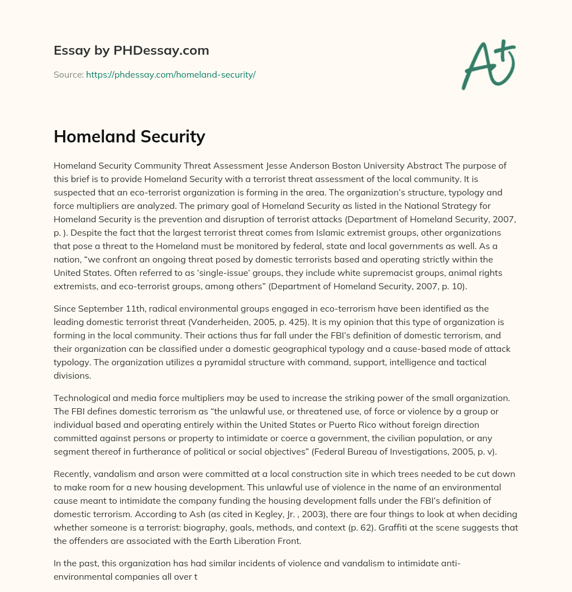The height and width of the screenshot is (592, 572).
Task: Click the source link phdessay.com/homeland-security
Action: [170, 74]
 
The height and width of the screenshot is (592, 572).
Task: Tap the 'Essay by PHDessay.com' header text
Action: [131, 51]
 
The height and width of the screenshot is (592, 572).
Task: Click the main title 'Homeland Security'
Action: [129, 137]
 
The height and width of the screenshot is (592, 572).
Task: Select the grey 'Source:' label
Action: [69, 74]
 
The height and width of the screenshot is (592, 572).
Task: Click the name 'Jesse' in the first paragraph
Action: [279, 165]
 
